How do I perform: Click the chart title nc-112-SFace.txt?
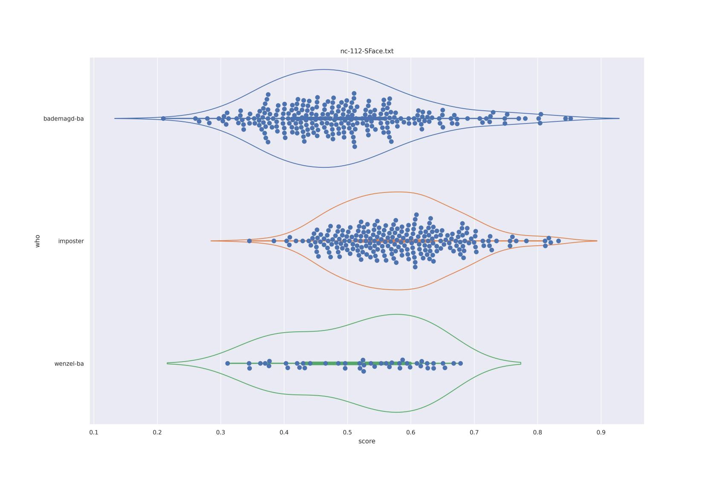[367, 51]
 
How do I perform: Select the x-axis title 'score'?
[367, 441]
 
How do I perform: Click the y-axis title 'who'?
[38, 241]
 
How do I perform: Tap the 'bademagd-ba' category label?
[64, 119]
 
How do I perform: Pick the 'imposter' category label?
[71, 241]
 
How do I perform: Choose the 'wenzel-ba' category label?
[69, 364]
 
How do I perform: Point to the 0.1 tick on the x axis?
[94, 432]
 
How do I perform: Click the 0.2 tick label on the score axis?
[157, 432]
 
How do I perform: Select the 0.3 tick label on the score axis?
[221, 432]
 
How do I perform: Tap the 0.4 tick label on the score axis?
[284, 432]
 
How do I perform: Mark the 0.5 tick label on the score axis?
[347, 432]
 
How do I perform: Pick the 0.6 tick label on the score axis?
[411, 432]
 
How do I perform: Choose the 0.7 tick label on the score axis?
[474, 432]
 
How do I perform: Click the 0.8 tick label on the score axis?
[537, 432]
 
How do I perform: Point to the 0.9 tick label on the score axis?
[601, 432]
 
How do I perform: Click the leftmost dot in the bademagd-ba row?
[163, 118]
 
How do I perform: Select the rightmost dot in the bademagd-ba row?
[571, 118]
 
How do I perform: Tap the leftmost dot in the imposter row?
[249, 241]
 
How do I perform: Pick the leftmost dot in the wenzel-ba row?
[228, 363]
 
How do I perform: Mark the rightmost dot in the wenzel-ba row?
[460, 363]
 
